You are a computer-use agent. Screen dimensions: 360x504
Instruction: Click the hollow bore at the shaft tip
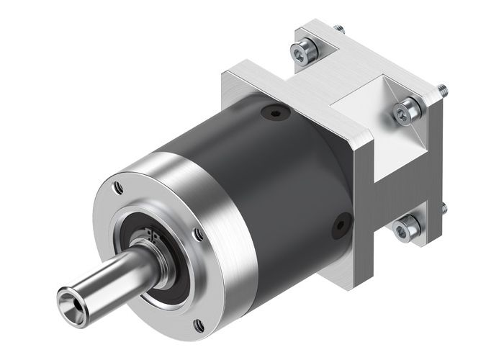click(71, 295)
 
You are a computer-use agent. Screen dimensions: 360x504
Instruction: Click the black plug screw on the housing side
click(338, 228)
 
